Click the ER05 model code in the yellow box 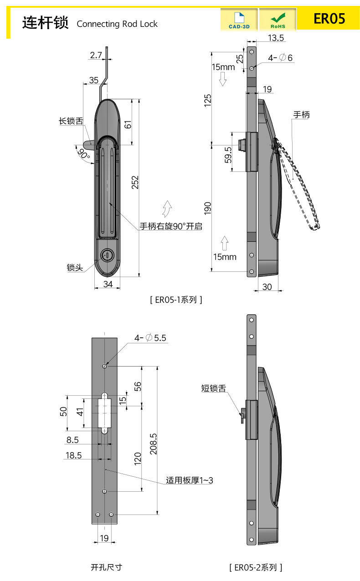pyautogui.click(x=329, y=19)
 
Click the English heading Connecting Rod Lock pyautogui.click(x=117, y=24)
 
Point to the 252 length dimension pyautogui.click(x=135, y=182)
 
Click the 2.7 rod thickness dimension pyautogui.click(x=96, y=55)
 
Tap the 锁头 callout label pyautogui.click(x=75, y=268)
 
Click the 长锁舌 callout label pyautogui.click(x=71, y=121)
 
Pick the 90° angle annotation pyautogui.click(x=83, y=154)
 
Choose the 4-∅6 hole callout pyautogui.click(x=280, y=58)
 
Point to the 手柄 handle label pyautogui.click(x=301, y=115)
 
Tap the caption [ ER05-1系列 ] pyautogui.click(x=175, y=300)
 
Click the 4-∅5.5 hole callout pyautogui.click(x=150, y=338)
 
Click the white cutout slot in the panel pyautogui.click(x=105, y=412)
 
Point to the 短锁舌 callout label pyautogui.click(x=214, y=388)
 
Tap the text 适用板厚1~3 pyautogui.click(x=190, y=480)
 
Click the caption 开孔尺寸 pyautogui.click(x=107, y=567)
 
